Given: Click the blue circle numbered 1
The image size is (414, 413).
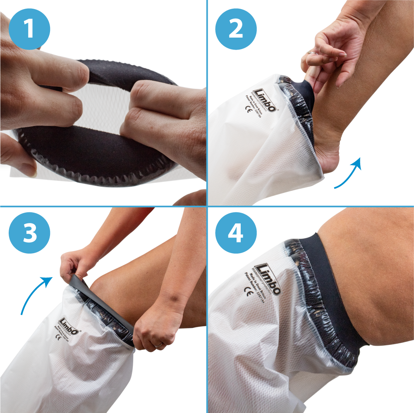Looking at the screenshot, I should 29,29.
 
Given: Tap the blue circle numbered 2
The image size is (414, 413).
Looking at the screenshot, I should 236,29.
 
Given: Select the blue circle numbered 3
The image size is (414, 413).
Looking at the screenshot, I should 29,233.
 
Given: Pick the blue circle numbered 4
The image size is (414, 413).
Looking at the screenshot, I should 236,233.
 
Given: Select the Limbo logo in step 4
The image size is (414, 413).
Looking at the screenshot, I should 268,279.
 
